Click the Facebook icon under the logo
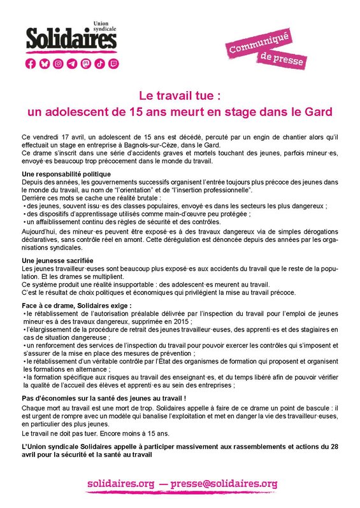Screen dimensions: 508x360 click(x=30, y=64)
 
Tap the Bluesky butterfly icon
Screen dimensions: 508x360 click(x=44, y=64)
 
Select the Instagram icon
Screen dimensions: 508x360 click(x=58, y=64)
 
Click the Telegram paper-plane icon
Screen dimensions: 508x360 click(x=71, y=64)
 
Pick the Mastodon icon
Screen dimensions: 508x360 click(x=85, y=64)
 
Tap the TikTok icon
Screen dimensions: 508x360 click(x=99, y=64)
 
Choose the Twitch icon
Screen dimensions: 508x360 click(x=113, y=64)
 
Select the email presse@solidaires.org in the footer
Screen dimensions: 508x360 click(x=224, y=484)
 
